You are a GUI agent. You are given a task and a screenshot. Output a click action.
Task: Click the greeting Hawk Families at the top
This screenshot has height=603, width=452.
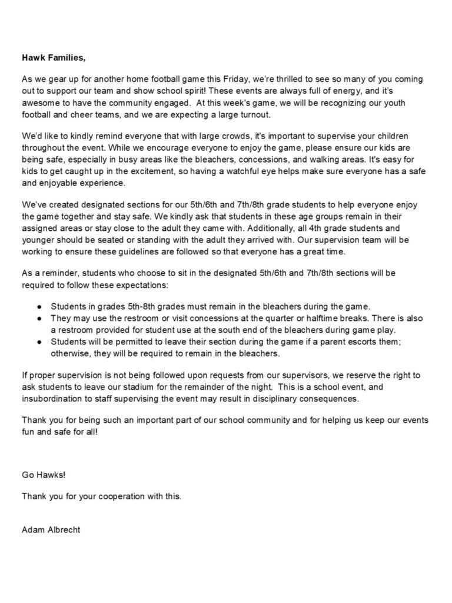[x=54, y=58]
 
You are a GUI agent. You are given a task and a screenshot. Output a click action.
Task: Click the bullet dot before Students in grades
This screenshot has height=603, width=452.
[x=38, y=307]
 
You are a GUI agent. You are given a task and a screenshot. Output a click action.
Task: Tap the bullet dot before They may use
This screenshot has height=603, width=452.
[x=38, y=319]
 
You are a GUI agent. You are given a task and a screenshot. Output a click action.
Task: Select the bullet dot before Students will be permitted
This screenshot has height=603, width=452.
[x=38, y=342]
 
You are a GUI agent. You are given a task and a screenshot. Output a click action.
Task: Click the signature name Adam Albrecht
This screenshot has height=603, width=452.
[x=51, y=529]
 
